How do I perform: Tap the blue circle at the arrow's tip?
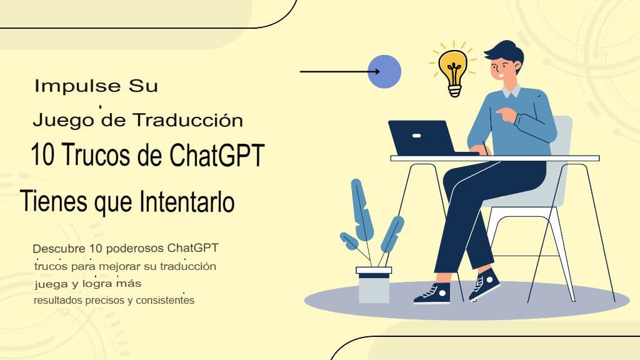click(384, 72)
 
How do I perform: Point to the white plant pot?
click(374, 284)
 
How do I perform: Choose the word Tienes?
click(51, 201)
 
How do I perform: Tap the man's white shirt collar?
click(511, 92)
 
